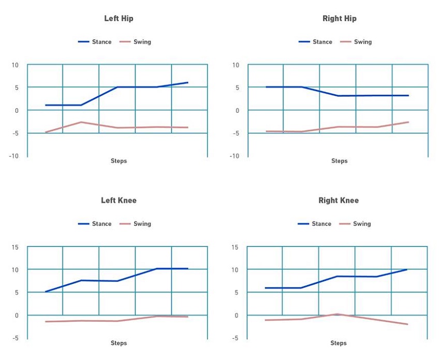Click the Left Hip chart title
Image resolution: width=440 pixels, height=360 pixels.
(119, 19)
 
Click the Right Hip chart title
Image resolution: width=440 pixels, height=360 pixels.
(339, 19)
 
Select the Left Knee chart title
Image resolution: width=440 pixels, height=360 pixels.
(119, 200)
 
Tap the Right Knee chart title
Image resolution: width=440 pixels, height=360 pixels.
(339, 200)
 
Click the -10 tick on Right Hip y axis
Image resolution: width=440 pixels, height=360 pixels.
(234, 156)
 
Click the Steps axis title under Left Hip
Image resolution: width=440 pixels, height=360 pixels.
(119, 161)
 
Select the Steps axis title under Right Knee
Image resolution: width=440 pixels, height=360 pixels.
(339, 343)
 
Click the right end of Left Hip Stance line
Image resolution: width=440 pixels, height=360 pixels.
(187, 82)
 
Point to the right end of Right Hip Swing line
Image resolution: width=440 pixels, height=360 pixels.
(408, 122)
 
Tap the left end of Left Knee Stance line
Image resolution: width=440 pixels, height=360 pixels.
(46, 292)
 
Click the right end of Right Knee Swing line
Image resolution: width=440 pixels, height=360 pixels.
(407, 324)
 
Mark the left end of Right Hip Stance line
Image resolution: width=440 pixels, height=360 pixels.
(266, 87)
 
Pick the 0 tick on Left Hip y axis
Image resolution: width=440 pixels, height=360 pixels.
(17, 111)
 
